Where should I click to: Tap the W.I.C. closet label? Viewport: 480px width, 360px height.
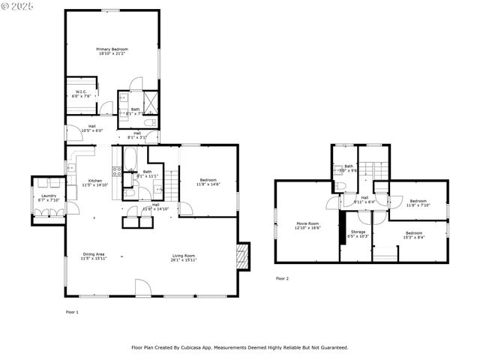click(81, 94)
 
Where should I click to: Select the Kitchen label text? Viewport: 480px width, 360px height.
click(95, 182)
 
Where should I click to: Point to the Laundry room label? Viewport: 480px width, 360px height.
click(48, 198)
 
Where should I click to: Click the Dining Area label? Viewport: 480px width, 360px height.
click(94, 256)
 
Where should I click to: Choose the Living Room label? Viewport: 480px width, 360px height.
click(183, 256)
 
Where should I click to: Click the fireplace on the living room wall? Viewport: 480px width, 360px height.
click(241, 256)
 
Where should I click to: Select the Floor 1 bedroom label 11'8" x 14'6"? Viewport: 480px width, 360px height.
click(208, 181)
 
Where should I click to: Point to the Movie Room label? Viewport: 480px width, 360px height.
click(307, 225)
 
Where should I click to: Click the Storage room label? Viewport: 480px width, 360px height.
click(358, 234)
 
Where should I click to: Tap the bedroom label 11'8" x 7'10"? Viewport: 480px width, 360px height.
click(418, 202)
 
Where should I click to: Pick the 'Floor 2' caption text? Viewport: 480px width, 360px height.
click(282, 278)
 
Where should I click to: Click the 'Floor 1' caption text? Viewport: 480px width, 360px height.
click(72, 310)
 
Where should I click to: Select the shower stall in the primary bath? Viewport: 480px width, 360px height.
click(151, 101)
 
